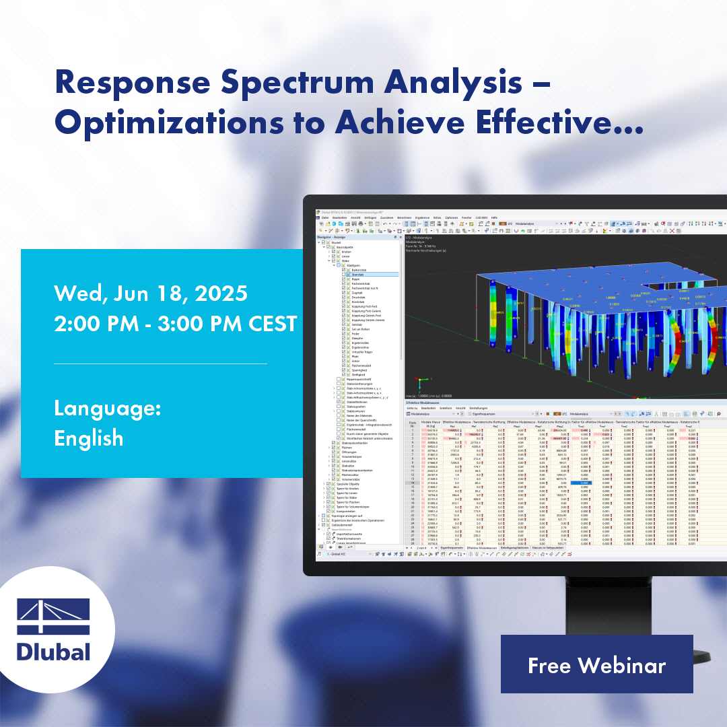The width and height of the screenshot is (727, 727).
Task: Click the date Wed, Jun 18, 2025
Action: click(151, 293)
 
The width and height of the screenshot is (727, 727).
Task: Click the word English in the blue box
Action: click(89, 438)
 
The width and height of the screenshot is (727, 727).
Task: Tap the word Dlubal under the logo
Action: click(53, 652)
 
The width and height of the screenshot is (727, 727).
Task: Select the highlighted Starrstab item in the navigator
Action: click(357, 275)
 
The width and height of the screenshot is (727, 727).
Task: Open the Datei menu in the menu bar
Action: click(324, 218)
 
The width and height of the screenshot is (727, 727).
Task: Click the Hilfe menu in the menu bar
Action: click(494, 218)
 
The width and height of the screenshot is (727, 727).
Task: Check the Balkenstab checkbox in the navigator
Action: click(343, 270)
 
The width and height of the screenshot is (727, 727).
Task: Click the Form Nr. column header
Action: click(412, 424)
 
